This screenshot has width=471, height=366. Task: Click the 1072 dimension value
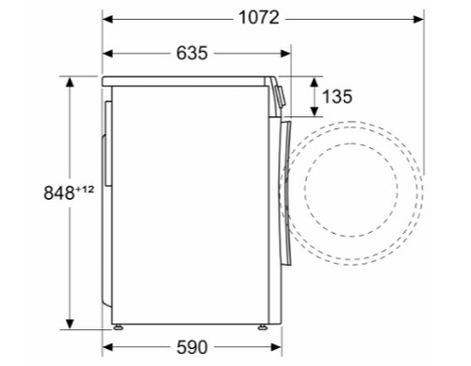tap(259, 17)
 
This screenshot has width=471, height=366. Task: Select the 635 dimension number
tap(192, 53)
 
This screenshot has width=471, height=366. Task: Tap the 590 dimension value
tap(192, 347)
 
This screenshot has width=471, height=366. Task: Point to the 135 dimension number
tap(337, 96)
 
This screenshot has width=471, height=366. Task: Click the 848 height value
tap(59, 192)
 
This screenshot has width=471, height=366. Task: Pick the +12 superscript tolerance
tap(85, 190)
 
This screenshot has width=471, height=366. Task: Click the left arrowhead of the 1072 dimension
tap(107, 19)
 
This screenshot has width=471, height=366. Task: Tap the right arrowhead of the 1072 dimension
tap(418, 19)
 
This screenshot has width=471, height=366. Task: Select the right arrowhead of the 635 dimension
tap(285, 54)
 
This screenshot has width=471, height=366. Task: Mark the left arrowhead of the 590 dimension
tap(107, 347)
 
